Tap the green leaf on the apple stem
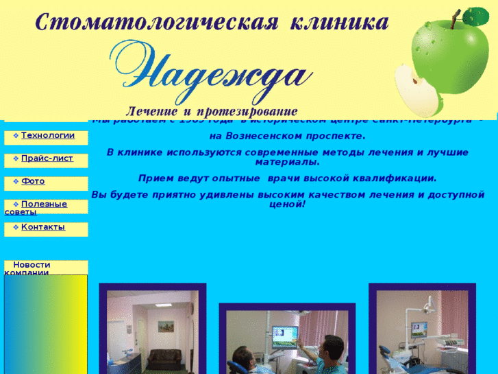pyautogui.click(x=476, y=16)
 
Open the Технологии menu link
pyautogui.click(x=48, y=135)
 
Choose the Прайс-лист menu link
pyautogui.click(x=47, y=159)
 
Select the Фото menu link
pyautogui.click(x=33, y=181)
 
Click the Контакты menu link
pyautogui.click(x=43, y=226)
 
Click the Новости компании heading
pyautogui.click(x=32, y=268)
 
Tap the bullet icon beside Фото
pyautogui.click(x=16, y=182)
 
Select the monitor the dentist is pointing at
pyautogui.click(x=286, y=336)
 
